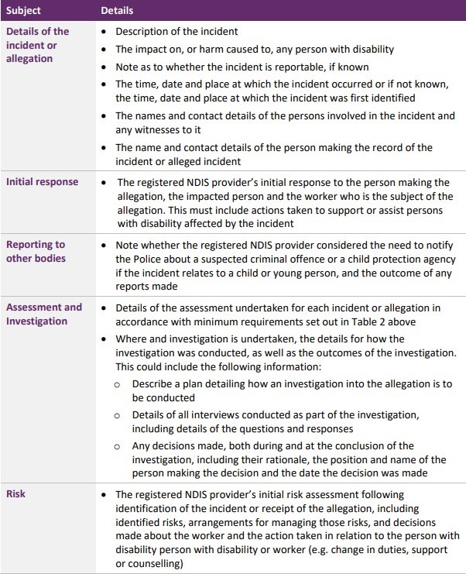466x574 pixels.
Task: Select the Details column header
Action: click(118, 11)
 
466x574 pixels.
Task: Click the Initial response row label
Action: click(43, 181)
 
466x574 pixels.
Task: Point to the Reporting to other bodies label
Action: click(36, 252)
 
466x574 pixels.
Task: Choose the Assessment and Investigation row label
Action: click(44, 314)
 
